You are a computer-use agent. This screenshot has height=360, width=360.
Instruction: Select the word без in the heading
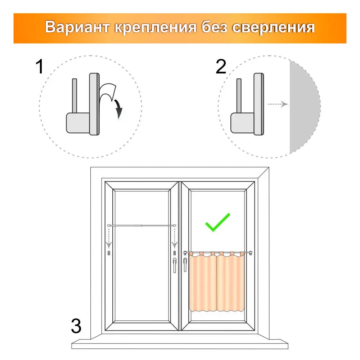coord(215,27)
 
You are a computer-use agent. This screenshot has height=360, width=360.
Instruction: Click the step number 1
coord(40,67)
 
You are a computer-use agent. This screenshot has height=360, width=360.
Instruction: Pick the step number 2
coord(221,67)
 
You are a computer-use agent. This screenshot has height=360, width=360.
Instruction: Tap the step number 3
coord(76,326)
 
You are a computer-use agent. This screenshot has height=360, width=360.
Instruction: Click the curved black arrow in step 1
coord(119,108)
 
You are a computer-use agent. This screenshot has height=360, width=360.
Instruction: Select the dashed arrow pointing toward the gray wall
coord(278,104)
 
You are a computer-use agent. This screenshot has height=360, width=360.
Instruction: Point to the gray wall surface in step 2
coord(304,107)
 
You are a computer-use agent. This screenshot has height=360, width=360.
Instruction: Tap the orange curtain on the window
coord(216,282)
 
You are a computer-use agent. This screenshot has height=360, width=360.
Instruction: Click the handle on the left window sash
coord(175,265)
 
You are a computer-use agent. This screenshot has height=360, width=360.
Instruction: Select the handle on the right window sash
coord(185,265)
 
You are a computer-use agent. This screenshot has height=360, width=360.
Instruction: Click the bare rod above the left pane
coord(141,226)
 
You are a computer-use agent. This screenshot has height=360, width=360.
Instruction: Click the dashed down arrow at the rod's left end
coord(109,238)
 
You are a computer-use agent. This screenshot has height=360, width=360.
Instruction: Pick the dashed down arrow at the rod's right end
coord(175,238)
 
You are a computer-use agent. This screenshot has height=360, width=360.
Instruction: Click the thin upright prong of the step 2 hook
coord(239,96)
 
